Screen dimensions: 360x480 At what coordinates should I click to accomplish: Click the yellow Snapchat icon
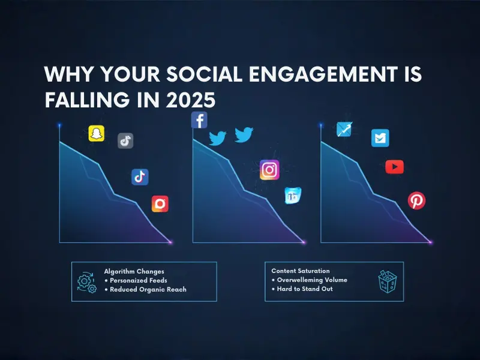[96, 133]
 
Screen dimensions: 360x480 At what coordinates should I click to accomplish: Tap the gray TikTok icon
[125, 141]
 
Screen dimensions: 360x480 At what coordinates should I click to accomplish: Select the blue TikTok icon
[140, 176]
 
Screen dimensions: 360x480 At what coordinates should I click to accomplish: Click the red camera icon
[160, 204]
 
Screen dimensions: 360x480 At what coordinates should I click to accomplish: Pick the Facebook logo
[199, 120]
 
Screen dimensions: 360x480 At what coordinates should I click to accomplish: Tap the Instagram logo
[269, 170]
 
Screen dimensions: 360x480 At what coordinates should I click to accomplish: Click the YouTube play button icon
[394, 167]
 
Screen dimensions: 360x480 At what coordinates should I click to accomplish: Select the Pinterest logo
[416, 200]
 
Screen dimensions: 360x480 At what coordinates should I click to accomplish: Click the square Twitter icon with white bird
[380, 138]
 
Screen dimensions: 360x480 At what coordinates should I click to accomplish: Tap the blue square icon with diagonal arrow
[344, 129]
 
